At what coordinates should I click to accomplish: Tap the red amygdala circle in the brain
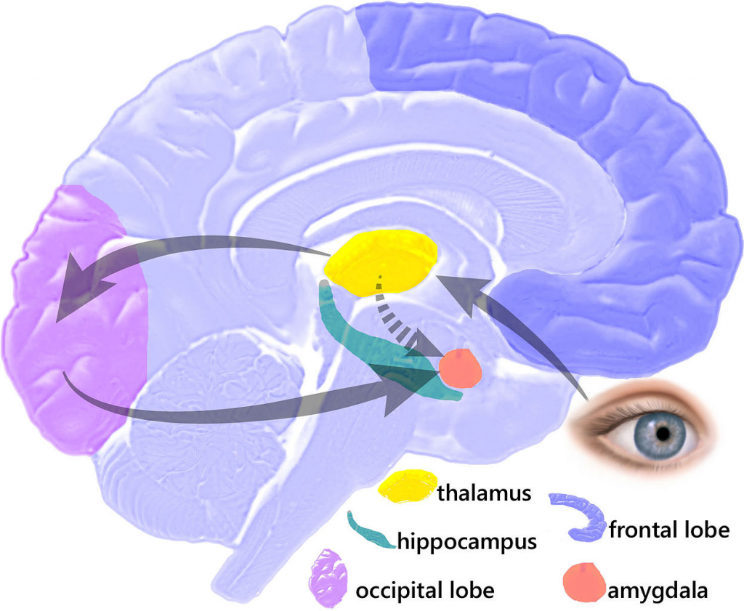[460, 368]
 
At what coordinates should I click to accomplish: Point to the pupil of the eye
[663, 434]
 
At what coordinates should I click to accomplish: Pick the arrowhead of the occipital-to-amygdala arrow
[400, 396]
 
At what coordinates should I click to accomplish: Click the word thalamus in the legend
[484, 494]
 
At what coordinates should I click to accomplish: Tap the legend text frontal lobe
[668, 530]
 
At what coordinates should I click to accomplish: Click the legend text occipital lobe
[425, 589]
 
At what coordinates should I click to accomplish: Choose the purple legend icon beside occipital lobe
[328, 578]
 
